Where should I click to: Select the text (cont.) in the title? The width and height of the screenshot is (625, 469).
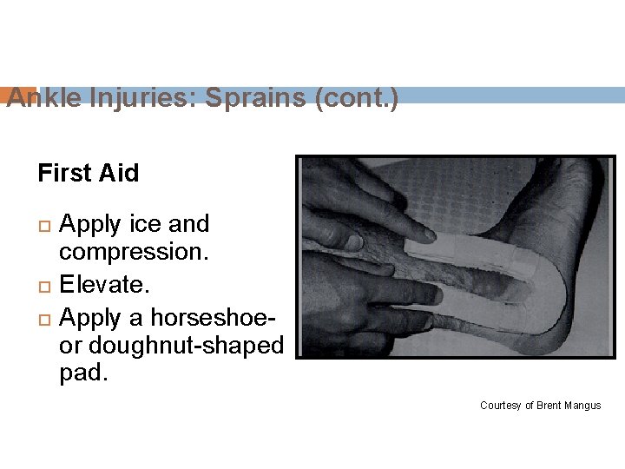coord(358,98)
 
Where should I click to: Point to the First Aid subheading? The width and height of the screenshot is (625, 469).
coord(89,173)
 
